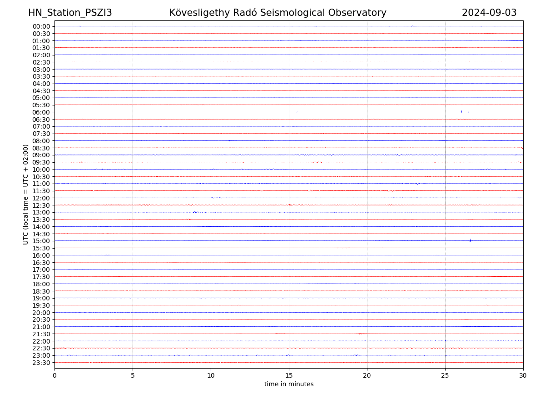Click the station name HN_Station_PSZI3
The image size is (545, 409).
point(70,13)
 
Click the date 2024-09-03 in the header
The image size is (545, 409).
point(489,13)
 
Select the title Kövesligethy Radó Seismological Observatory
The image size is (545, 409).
point(277,13)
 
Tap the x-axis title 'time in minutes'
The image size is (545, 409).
point(289,384)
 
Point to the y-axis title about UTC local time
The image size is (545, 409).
point(26,195)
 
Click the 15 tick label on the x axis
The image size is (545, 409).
point(289,376)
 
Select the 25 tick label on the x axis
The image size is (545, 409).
point(445,376)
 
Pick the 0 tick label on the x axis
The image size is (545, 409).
point(54,376)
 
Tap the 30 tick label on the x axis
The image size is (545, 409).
point(523,376)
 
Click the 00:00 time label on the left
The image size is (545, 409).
point(41,26)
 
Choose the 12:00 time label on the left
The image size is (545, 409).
point(41,198)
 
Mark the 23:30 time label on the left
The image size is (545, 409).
point(41,363)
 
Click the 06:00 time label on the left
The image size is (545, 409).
point(41,112)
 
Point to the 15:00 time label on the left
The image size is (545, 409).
point(41,241)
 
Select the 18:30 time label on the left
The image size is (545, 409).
point(41,291)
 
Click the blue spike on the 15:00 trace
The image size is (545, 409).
point(470,240)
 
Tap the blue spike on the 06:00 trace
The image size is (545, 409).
point(461,111)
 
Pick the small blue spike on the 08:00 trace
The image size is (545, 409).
point(229,140)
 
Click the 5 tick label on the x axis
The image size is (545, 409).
point(133,376)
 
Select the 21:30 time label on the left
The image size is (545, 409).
point(41,334)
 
